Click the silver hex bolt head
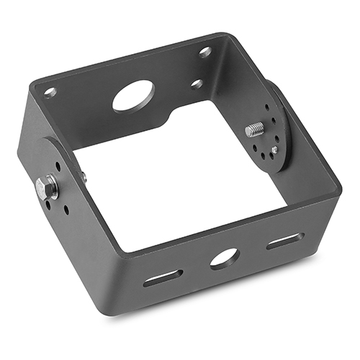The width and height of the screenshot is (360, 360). (x=48, y=189)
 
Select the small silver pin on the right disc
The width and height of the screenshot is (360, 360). (x=274, y=150)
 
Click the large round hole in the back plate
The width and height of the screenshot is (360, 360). (x=133, y=95)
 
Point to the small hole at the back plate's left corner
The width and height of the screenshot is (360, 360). (x=50, y=92)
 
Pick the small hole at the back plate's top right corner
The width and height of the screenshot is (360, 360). (x=205, y=52)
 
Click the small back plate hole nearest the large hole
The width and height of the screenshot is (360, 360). (x=196, y=84)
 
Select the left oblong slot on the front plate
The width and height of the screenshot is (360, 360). (x=163, y=277)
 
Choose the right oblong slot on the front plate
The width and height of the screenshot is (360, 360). (x=285, y=240)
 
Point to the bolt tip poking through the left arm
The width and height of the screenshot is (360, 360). (x=84, y=176)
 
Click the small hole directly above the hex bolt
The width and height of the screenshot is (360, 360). (x=57, y=166)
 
